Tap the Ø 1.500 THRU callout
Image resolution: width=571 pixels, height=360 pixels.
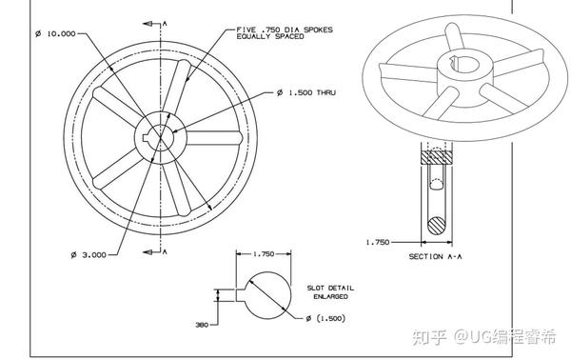[306, 92]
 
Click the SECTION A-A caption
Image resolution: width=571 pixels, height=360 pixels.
[436, 257]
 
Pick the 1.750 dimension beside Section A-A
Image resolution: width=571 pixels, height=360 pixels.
[379, 242]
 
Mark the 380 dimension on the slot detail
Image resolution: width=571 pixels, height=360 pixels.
[202, 325]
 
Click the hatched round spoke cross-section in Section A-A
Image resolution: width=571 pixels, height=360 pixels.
[437, 225]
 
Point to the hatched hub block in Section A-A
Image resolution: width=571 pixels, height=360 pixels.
[437, 155]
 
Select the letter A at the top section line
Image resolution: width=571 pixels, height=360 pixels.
[165, 20]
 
